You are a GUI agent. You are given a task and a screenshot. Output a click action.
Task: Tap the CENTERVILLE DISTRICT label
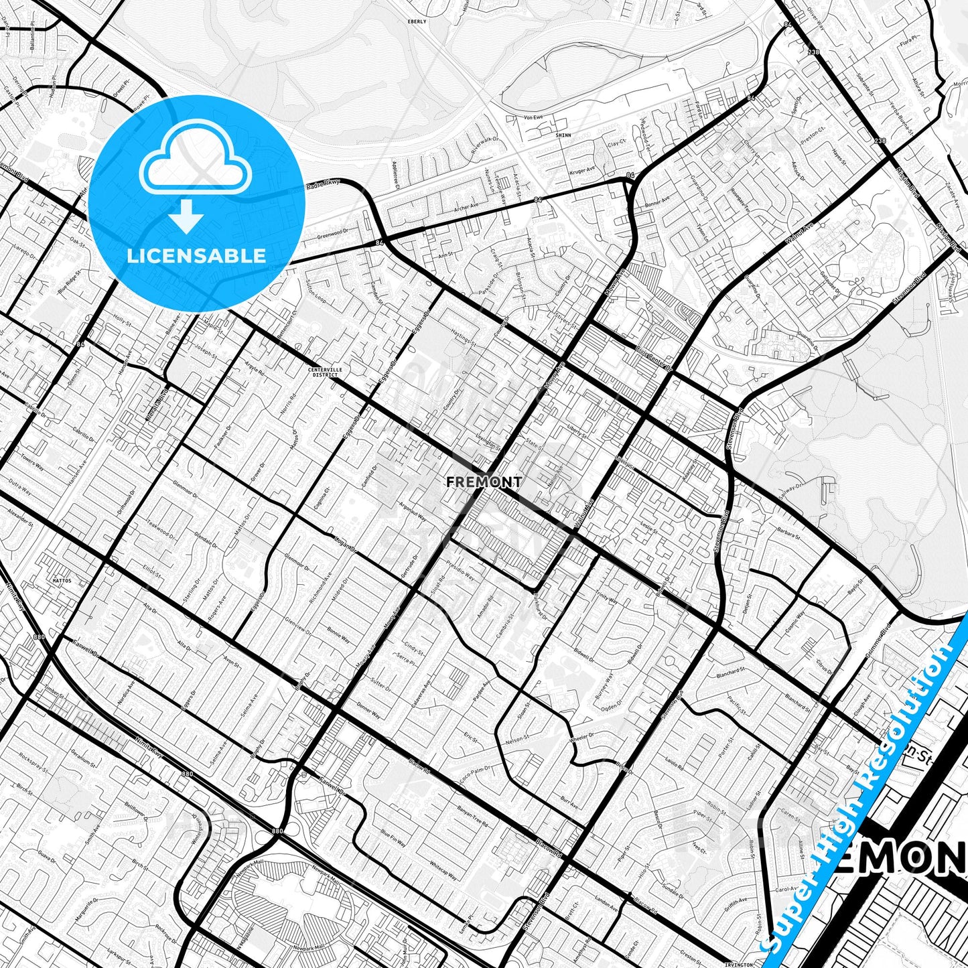click(x=324, y=372)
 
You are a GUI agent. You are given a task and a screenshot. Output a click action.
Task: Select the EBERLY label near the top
click(x=417, y=21)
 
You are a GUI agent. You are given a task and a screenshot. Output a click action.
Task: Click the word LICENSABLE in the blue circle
click(x=196, y=255)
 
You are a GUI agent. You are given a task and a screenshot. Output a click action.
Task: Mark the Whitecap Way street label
click(x=443, y=870)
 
